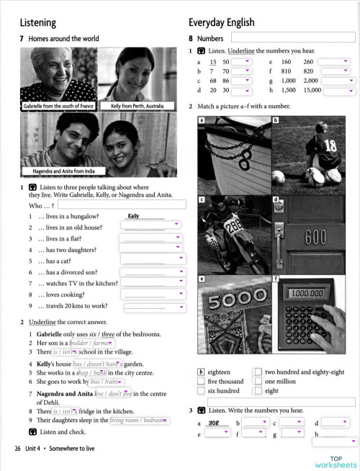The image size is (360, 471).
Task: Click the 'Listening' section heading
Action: pos(37,22)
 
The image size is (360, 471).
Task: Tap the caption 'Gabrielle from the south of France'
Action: pos(58,106)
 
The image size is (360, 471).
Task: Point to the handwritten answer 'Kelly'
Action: pos(133,215)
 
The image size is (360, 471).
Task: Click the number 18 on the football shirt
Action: pos(330,145)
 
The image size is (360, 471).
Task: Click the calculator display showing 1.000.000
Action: pos(307,293)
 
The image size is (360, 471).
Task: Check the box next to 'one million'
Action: pos(258,381)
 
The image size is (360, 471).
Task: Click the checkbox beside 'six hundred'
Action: pos(201,390)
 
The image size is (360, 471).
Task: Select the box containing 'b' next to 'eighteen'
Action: pos(201,372)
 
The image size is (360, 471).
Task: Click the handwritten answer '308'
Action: pos(213,423)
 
